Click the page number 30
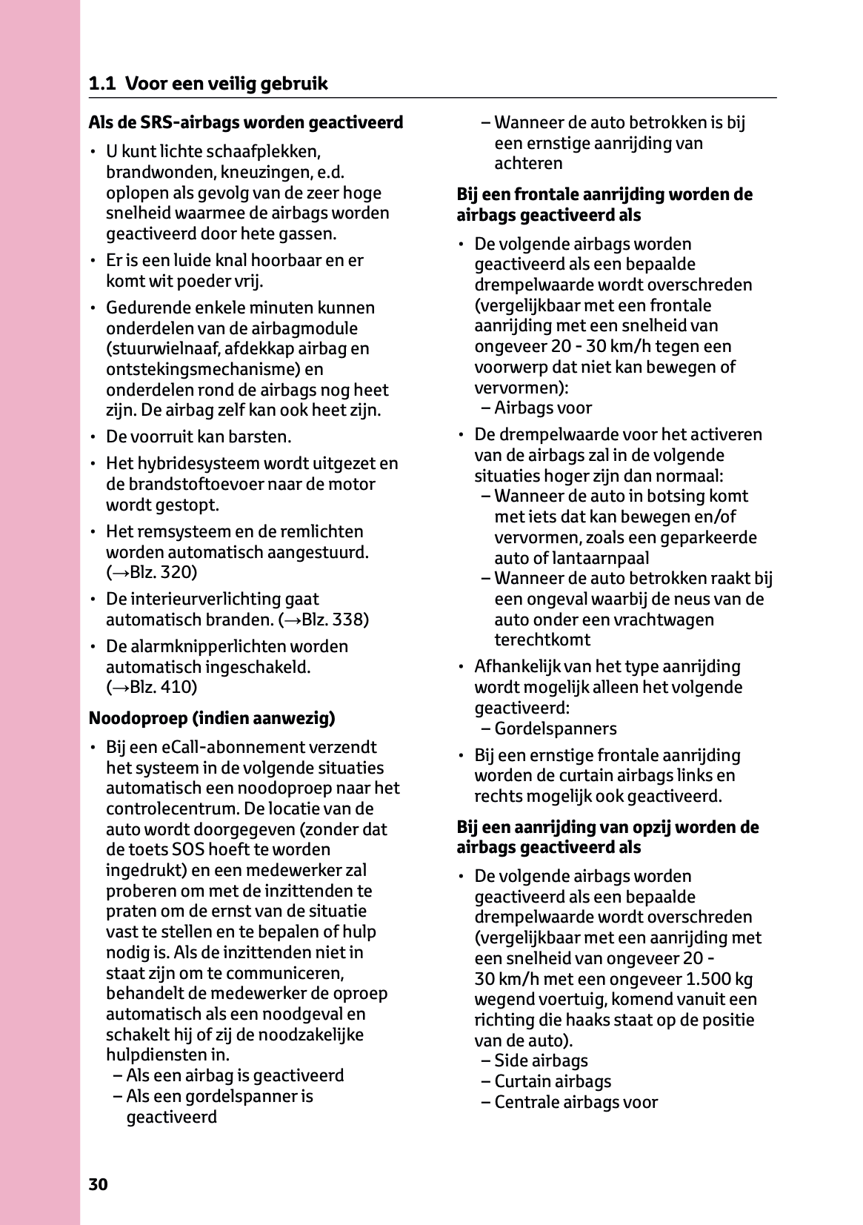[x=98, y=1184]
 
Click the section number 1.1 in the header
[x=101, y=84]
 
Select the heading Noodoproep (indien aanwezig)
[x=212, y=718]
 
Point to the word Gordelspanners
[x=556, y=728]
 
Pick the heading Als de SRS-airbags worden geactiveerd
[x=246, y=122]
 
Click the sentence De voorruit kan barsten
[x=199, y=436]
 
